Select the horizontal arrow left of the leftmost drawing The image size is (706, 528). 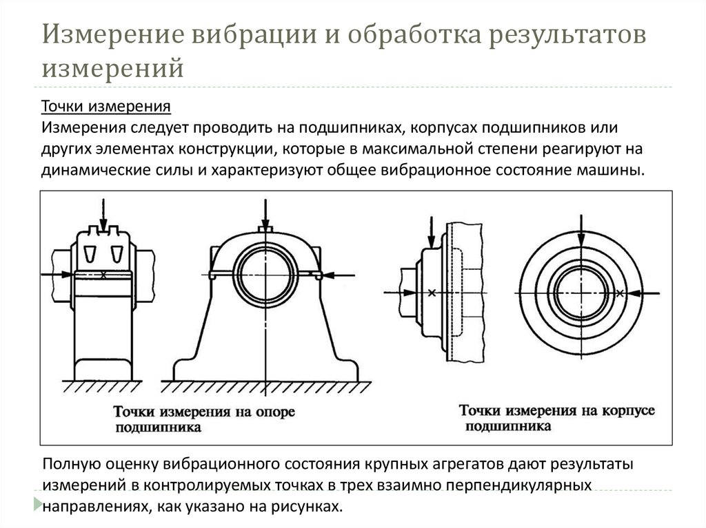coord(55,274)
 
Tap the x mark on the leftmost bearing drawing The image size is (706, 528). coord(103,275)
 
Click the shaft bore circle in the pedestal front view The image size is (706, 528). coord(264,274)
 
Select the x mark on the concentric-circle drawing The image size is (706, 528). coord(620,293)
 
